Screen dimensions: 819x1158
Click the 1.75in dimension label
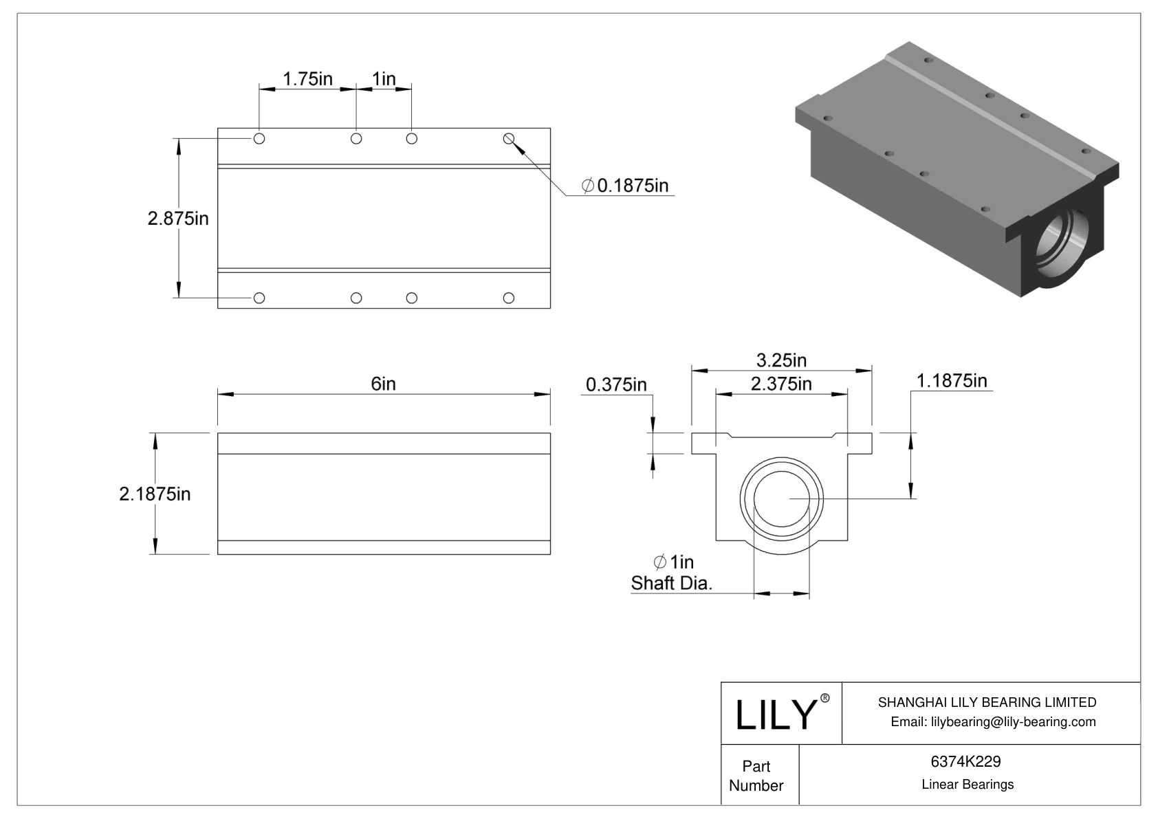[x=307, y=79]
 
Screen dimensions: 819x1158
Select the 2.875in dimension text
[x=177, y=219]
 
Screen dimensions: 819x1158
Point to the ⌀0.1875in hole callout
[x=625, y=186]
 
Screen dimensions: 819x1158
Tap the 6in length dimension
[x=383, y=384]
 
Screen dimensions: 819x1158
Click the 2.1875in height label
[x=155, y=494]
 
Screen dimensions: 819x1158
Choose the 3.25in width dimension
[x=781, y=360]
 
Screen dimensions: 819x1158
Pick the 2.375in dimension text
[x=781, y=384]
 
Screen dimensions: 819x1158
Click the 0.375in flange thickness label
[x=616, y=384]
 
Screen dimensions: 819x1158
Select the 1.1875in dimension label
[x=952, y=380]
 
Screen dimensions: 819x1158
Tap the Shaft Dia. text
[x=671, y=583]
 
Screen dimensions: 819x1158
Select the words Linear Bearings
[x=968, y=785]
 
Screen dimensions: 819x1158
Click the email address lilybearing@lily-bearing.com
[x=993, y=721]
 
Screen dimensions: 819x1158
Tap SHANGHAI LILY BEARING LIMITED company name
[x=987, y=702]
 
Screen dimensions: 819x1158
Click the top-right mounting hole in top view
[x=509, y=139]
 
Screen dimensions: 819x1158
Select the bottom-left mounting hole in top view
[x=259, y=298]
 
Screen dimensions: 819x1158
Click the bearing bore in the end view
[x=782, y=499]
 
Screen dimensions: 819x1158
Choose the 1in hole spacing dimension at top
[x=384, y=79]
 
